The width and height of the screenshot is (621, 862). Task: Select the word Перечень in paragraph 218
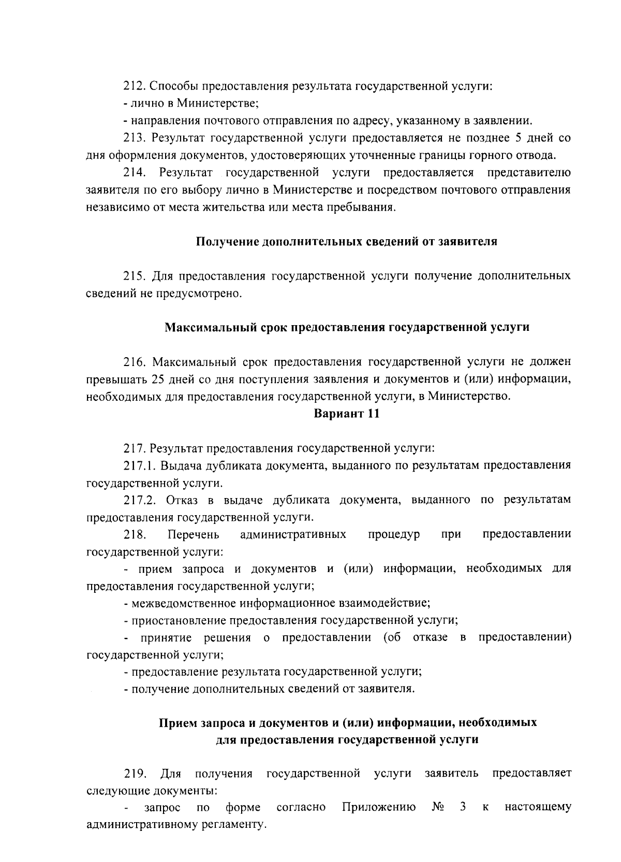(193, 534)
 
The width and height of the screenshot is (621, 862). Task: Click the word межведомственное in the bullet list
(176, 603)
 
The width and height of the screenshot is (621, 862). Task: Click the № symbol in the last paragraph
(438, 807)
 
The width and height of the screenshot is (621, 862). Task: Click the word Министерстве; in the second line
(217, 103)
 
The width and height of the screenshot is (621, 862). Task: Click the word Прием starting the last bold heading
(175, 722)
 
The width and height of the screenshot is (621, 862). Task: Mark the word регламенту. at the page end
(232, 824)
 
